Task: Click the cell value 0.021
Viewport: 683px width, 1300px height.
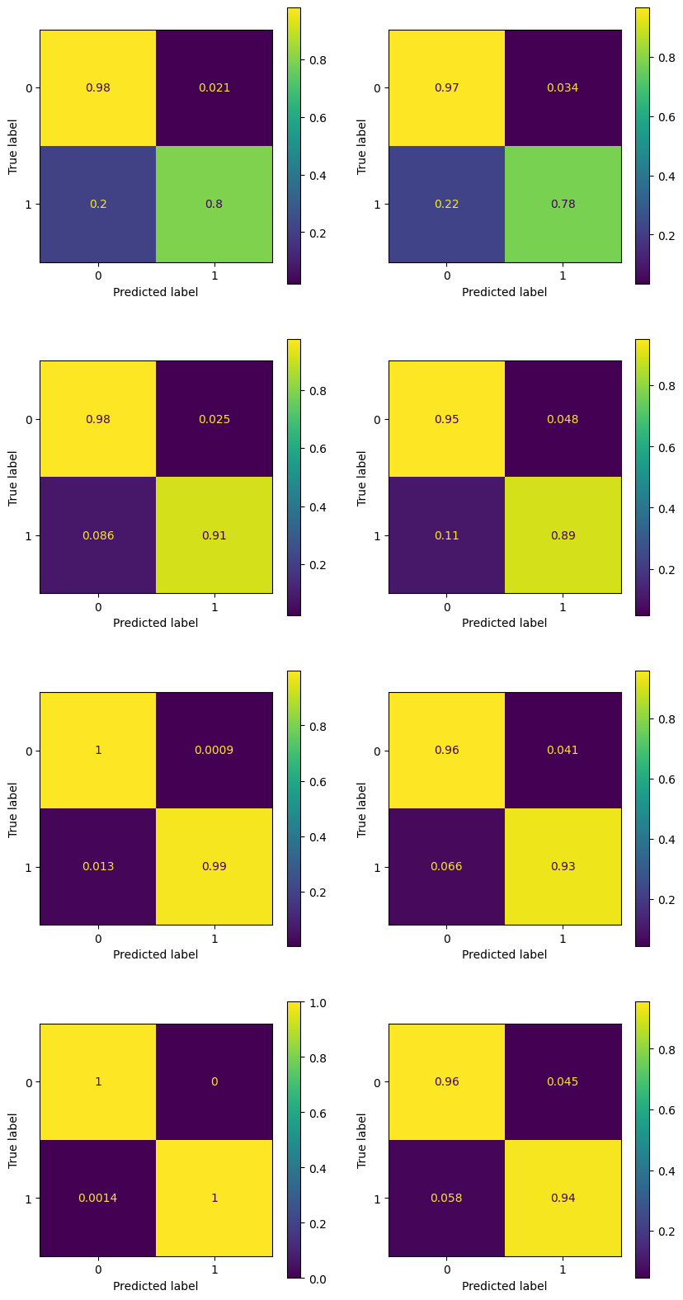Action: [x=214, y=88]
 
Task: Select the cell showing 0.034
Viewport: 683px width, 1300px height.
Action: [x=563, y=88]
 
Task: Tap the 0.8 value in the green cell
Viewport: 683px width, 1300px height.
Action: [x=214, y=205]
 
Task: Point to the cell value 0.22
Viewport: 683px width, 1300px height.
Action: [x=446, y=205]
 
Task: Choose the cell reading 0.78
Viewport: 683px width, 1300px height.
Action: [x=563, y=205]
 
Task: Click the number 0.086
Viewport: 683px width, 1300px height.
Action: [x=98, y=535]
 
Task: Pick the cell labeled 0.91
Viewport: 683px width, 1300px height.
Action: [x=214, y=535]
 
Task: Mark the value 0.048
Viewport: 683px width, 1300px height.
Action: [x=563, y=419]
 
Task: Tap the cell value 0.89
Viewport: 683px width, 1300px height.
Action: [x=563, y=535]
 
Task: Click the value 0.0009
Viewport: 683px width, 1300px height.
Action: [x=214, y=751]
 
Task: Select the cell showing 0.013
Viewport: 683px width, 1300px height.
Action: [x=98, y=867]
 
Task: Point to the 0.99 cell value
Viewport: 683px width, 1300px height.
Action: [x=214, y=867]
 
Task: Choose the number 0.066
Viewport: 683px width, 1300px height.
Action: [x=446, y=867]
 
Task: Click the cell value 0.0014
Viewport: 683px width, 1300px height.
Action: [x=98, y=1198]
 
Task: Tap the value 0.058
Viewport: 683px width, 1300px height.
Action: [x=446, y=1198]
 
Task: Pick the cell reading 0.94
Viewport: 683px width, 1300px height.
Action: [x=563, y=1198]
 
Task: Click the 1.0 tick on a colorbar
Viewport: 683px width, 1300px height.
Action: [x=316, y=1002]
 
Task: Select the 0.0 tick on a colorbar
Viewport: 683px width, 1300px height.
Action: [x=316, y=1278]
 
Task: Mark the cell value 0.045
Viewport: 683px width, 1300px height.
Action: [x=563, y=1081]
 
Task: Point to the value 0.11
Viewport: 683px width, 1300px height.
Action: [x=446, y=535]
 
